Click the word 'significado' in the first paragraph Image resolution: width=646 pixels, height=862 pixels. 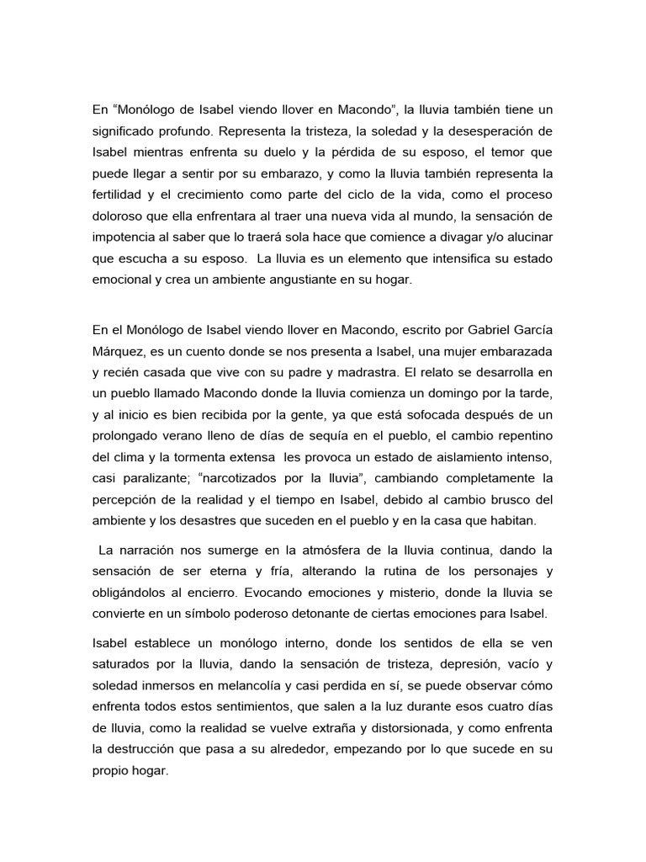[x=124, y=131]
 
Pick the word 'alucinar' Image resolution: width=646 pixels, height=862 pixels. [x=530, y=237]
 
